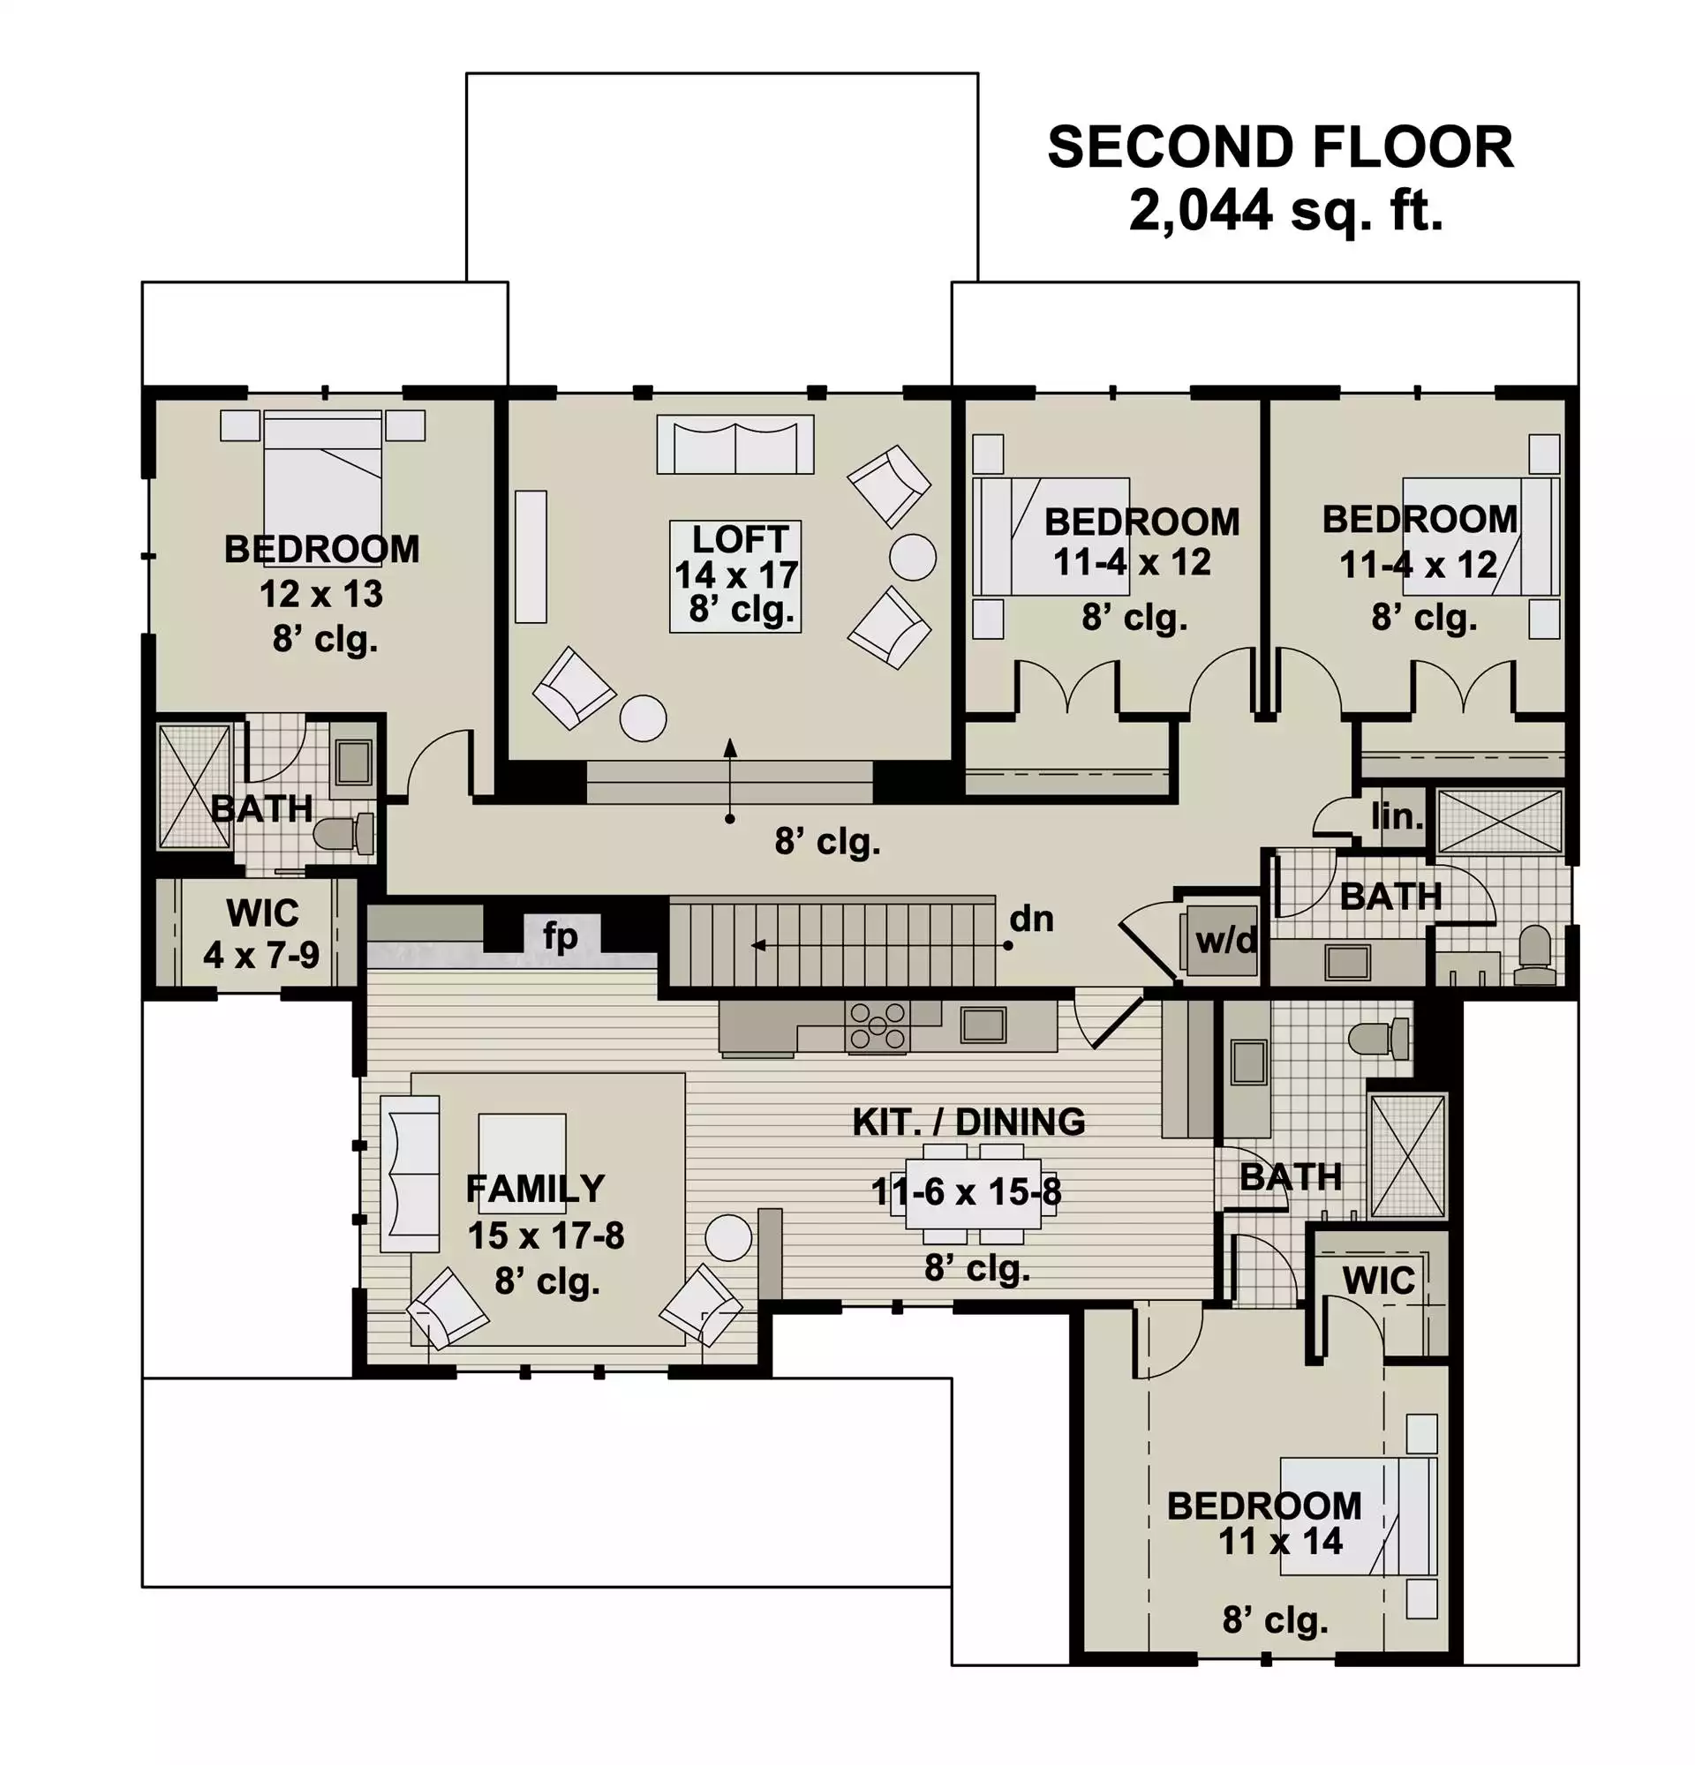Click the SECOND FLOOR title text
(1280, 147)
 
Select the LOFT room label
(741, 539)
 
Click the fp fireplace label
(560, 936)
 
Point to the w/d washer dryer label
(1224, 940)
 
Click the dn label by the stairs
(1031, 919)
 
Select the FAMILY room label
(535, 1190)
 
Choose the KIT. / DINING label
(969, 1122)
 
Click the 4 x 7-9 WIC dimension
(261, 955)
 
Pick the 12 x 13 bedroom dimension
(321, 594)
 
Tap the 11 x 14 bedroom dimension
(1280, 1541)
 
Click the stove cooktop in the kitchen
(878, 1025)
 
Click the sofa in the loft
(734, 444)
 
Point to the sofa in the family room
(410, 1175)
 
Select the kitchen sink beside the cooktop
(983, 1025)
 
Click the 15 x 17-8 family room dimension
(546, 1235)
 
